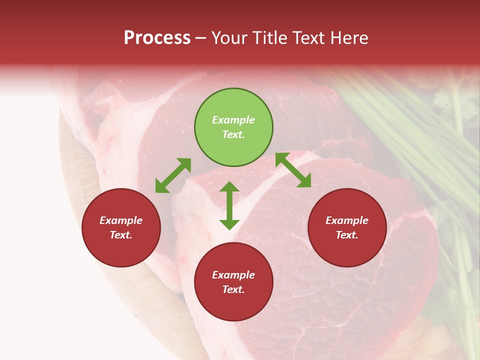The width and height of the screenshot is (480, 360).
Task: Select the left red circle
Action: [121, 227]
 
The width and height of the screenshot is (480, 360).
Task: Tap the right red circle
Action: [347, 227]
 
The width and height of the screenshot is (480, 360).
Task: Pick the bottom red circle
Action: [233, 281]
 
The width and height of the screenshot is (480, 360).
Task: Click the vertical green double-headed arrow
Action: [229, 205]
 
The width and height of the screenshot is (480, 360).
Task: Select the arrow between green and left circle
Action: [173, 175]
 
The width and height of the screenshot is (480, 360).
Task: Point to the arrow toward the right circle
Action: [293, 170]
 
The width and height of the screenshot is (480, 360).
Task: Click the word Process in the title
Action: [157, 38]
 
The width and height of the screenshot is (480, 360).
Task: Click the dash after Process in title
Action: [201, 38]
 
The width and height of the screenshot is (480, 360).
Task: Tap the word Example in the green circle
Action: [233, 120]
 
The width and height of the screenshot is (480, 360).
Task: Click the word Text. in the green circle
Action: [233, 134]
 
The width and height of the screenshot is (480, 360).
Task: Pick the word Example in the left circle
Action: [121, 220]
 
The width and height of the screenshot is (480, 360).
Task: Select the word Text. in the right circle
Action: [347, 235]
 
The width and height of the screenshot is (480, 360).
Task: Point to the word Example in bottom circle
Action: [233, 275]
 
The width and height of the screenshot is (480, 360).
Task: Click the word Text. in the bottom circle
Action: [233, 289]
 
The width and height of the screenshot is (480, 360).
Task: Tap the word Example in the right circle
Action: [347, 220]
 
